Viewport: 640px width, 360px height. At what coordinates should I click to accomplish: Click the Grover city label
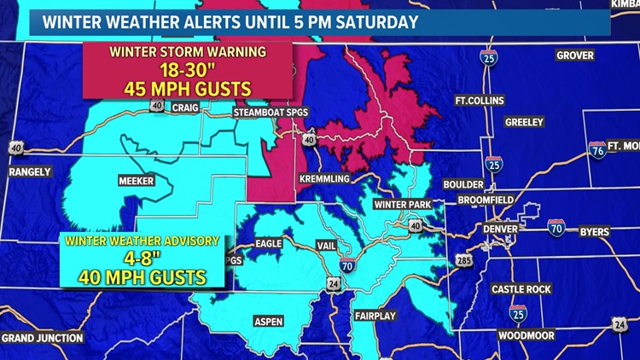(x=574, y=55)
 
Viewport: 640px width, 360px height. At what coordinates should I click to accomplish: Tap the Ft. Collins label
(x=479, y=101)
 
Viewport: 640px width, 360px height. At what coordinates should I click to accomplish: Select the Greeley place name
(x=524, y=122)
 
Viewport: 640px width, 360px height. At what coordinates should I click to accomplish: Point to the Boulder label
(x=463, y=184)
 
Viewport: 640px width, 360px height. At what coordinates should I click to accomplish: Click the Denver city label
(x=500, y=229)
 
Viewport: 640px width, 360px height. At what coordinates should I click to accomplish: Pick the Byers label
(x=594, y=231)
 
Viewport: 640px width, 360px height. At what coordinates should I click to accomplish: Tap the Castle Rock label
(x=521, y=289)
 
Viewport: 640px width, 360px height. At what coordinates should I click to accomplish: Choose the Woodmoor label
(x=527, y=335)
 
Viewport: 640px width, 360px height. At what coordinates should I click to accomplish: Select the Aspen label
(x=268, y=321)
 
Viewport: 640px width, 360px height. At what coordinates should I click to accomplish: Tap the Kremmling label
(x=324, y=179)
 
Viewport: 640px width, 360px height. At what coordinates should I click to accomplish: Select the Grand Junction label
(x=42, y=338)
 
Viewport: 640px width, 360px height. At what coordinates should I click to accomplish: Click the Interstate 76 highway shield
(x=598, y=150)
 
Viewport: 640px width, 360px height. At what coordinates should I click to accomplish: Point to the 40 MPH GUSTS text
(x=142, y=276)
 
